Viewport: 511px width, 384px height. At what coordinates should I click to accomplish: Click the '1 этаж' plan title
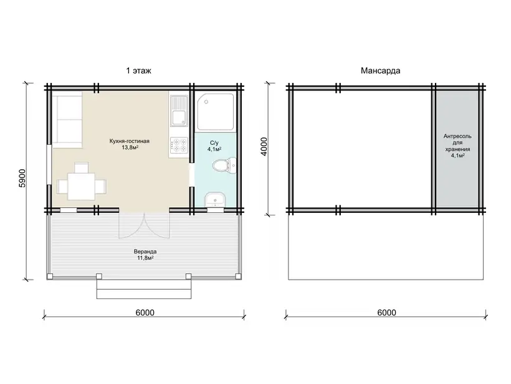[138, 71]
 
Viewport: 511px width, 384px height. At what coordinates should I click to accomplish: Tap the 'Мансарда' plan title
[380, 71]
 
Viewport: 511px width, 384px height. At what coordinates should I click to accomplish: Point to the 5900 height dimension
[22, 179]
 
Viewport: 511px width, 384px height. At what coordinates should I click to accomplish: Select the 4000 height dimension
[264, 147]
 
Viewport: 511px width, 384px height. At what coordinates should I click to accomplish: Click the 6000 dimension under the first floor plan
[145, 313]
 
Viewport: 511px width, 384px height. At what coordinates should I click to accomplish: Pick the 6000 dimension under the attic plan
[387, 313]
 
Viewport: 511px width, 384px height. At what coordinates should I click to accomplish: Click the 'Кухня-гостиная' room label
[130, 141]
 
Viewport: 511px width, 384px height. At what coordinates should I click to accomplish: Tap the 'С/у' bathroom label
[214, 143]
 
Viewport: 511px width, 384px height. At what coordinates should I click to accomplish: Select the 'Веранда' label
[145, 252]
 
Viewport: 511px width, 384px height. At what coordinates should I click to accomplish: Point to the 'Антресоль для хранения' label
[457, 143]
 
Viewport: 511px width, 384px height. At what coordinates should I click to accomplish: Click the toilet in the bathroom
[224, 165]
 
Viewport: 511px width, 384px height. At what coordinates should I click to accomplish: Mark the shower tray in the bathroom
[216, 112]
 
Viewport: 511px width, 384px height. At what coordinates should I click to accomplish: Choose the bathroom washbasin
[215, 199]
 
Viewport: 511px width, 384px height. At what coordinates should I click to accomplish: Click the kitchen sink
[178, 111]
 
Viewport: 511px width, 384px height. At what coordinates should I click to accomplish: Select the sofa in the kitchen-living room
[67, 119]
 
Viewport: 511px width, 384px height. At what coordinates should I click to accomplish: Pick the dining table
[82, 187]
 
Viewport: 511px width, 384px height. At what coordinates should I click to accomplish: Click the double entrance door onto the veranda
[144, 225]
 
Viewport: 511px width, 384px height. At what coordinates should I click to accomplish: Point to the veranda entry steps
[144, 289]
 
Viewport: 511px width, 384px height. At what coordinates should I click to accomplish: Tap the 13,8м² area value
[130, 147]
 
